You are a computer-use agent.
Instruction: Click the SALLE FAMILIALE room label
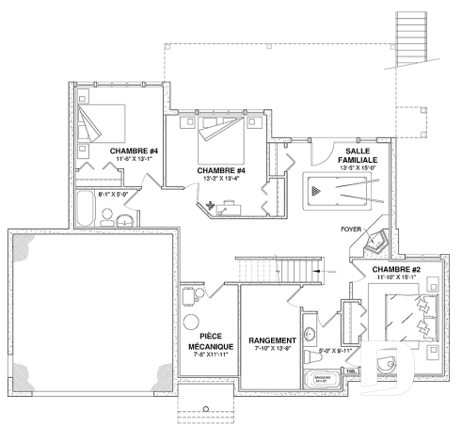(361, 156)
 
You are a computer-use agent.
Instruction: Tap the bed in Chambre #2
(411, 316)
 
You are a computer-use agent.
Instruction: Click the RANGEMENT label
(273, 339)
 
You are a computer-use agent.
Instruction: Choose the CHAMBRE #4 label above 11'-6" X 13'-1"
(133, 151)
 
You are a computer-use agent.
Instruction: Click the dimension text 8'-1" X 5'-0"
(113, 193)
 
